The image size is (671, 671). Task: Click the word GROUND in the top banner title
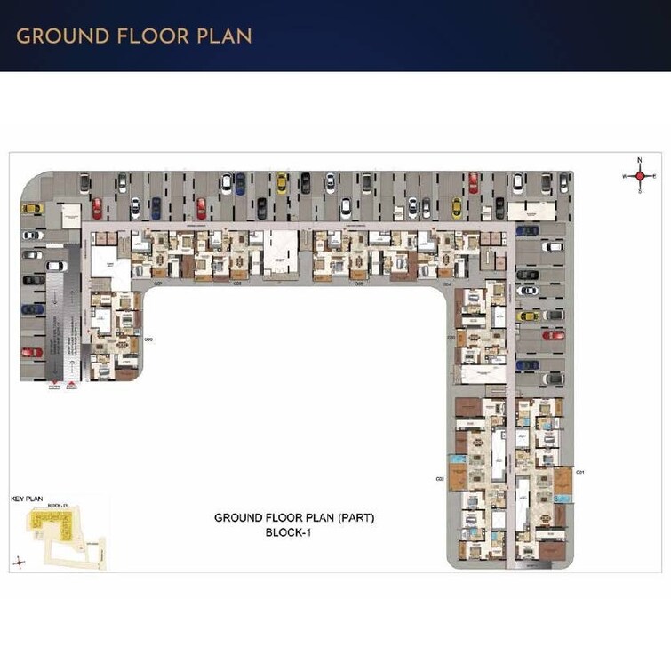[x=61, y=36]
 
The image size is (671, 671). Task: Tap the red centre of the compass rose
[x=639, y=177]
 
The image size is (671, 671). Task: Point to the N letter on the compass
[x=639, y=161]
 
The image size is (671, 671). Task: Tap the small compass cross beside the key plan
[x=20, y=561]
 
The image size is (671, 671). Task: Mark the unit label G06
[x=148, y=339]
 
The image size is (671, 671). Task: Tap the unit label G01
[x=580, y=471]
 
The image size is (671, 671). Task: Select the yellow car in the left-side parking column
[x=31, y=208]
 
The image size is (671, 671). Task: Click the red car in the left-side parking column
[x=32, y=352]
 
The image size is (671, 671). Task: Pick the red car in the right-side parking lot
[x=553, y=335]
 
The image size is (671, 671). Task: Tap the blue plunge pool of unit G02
[x=457, y=459]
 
